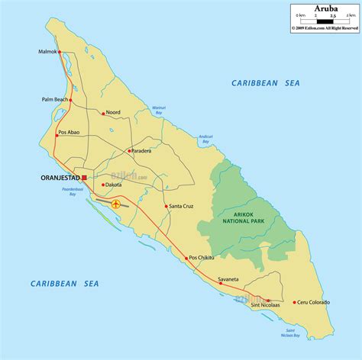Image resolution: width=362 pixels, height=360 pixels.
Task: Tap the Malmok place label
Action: point(47,52)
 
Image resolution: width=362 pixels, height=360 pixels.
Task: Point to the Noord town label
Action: point(114,111)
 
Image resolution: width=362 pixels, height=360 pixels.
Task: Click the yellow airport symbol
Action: point(116,204)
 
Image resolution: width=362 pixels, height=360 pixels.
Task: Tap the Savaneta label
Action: point(229,279)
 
